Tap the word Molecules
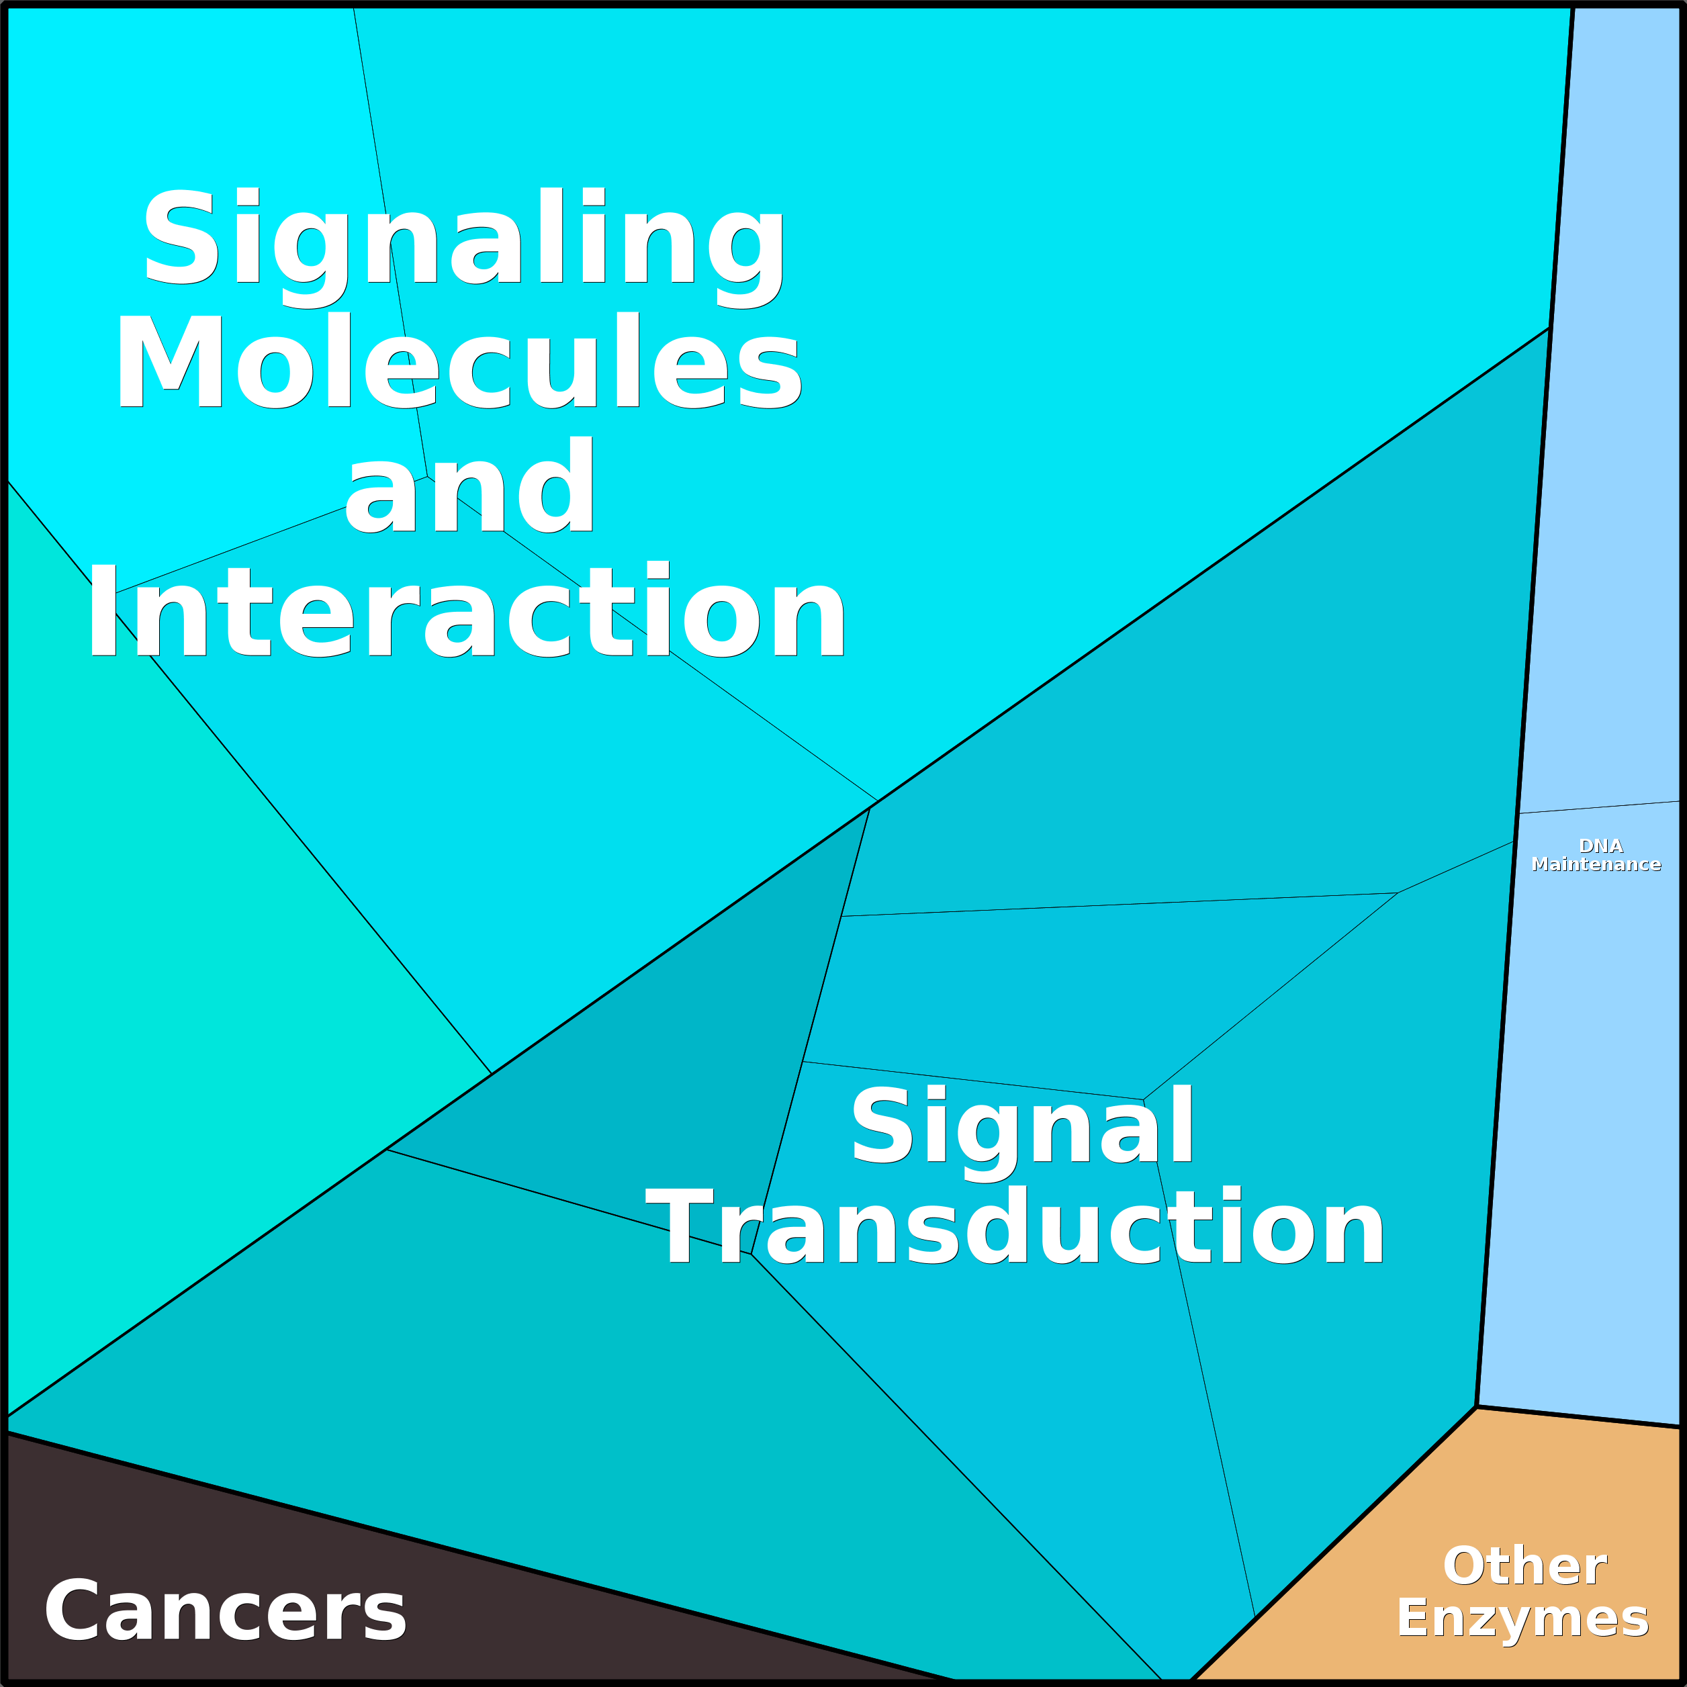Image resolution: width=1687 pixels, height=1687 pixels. (x=459, y=361)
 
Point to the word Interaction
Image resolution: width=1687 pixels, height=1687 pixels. (x=466, y=608)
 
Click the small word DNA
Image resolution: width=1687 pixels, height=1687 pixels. (x=1600, y=846)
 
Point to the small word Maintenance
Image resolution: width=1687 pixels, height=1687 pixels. (x=1596, y=864)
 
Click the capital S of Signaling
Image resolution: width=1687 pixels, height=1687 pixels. (x=181, y=236)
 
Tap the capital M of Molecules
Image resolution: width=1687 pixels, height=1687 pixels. (x=171, y=361)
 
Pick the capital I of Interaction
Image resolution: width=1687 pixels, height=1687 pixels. (x=103, y=608)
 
